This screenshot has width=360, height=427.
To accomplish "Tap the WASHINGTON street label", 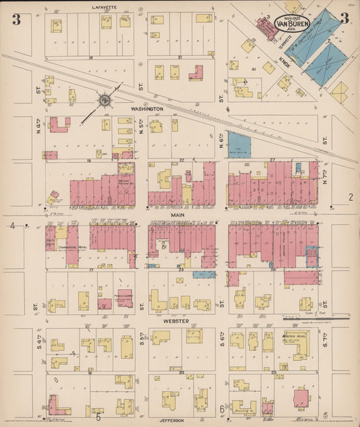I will click(147, 108).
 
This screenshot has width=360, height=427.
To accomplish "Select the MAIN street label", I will click(178, 215).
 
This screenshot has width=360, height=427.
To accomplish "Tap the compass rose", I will click(105, 101).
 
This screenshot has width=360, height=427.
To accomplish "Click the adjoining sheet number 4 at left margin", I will click(11, 225).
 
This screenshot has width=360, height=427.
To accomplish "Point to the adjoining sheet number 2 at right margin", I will click(351, 197).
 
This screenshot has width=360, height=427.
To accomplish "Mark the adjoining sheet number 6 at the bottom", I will click(222, 409).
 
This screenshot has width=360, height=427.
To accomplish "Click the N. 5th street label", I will click(142, 127).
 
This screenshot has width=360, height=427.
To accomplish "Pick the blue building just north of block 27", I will click(239, 145).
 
